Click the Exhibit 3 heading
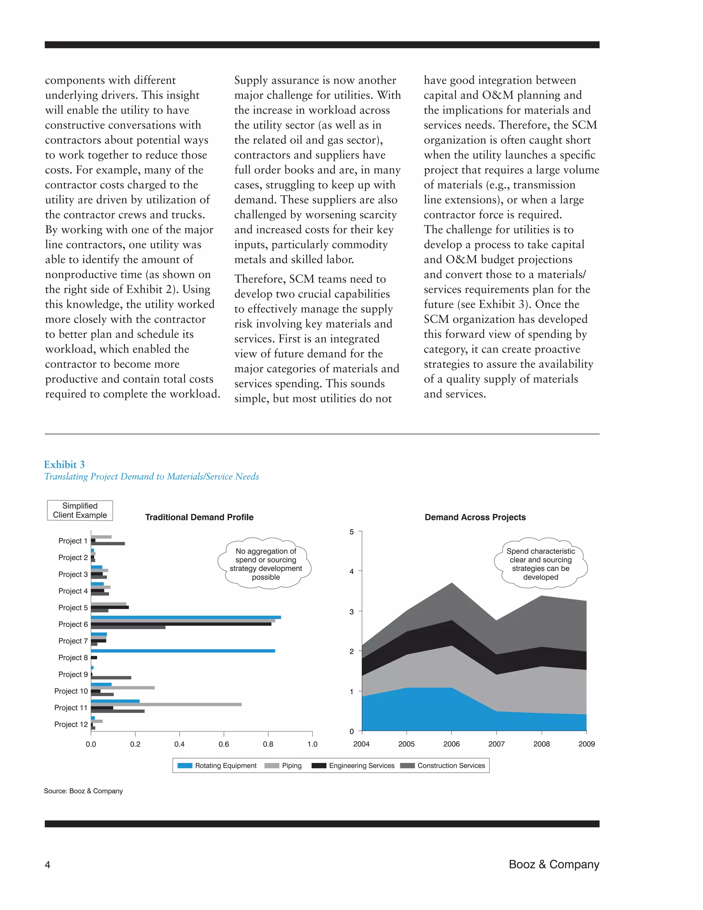click(x=65, y=465)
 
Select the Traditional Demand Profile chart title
click(x=199, y=517)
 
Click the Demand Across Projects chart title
click(x=475, y=517)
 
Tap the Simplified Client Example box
click(x=80, y=510)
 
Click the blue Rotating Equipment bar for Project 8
click(x=183, y=651)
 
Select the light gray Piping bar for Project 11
click(x=166, y=705)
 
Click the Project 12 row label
click(x=71, y=724)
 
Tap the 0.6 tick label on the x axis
click(x=224, y=744)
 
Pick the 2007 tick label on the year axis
click(x=496, y=744)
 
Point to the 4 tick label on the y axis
click(x=352, y=571)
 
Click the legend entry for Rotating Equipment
click(x=217, y=765)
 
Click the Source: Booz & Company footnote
click(x=83, y=791)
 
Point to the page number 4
click(x=47, y=865)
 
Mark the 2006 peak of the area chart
click(x=452, y=583)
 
